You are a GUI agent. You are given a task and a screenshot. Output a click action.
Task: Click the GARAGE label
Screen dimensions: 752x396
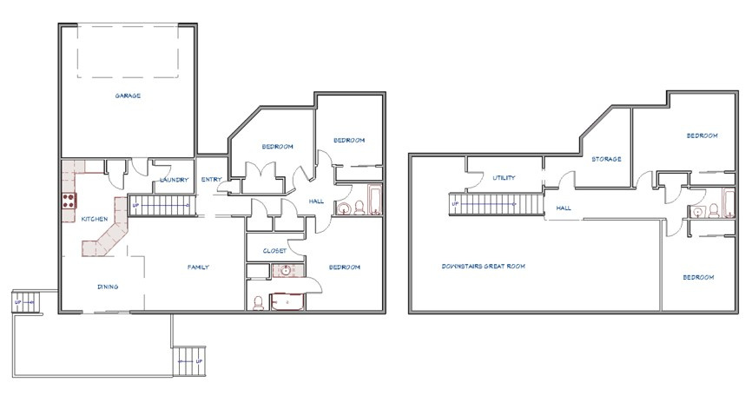pos(128,96)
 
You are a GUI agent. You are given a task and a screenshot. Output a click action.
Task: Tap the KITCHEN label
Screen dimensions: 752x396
pos(95,219)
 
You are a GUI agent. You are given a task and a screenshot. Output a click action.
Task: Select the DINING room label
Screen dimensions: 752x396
pos(108,287)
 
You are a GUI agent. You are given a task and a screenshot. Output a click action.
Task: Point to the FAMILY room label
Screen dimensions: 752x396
pos(198,267)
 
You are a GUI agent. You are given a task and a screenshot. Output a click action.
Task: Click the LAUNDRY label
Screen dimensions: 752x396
pos(174,180)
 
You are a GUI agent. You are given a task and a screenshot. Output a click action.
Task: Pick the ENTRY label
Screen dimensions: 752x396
pos(212,180)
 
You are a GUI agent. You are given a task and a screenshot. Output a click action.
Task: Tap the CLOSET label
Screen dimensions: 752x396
pos(274,251)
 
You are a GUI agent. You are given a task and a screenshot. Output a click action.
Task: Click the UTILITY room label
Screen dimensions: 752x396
pos(504,178)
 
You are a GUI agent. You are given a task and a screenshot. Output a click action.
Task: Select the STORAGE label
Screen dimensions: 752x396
pos(606,159)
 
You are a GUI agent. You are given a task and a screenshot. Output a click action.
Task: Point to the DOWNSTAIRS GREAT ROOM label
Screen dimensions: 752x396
pos(483,266)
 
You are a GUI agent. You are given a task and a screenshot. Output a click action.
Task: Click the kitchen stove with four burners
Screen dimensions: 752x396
pos(69,201)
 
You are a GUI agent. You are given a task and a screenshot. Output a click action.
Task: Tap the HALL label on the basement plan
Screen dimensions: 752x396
pos(564,208)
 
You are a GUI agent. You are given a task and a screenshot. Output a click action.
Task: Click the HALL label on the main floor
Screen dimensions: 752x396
pos(316,201)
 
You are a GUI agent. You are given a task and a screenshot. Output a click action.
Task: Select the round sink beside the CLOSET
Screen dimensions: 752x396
pos(287,271)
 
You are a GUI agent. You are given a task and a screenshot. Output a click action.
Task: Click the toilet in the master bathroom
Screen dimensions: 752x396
pos(258,302)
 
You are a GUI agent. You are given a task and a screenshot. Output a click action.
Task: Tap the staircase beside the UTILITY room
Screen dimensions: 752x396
pos(496,204)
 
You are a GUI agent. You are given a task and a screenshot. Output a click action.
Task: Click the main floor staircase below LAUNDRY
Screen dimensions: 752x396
pos(163,205)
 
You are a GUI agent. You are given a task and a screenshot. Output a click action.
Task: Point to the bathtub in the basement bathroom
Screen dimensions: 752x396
pos(729,204)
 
